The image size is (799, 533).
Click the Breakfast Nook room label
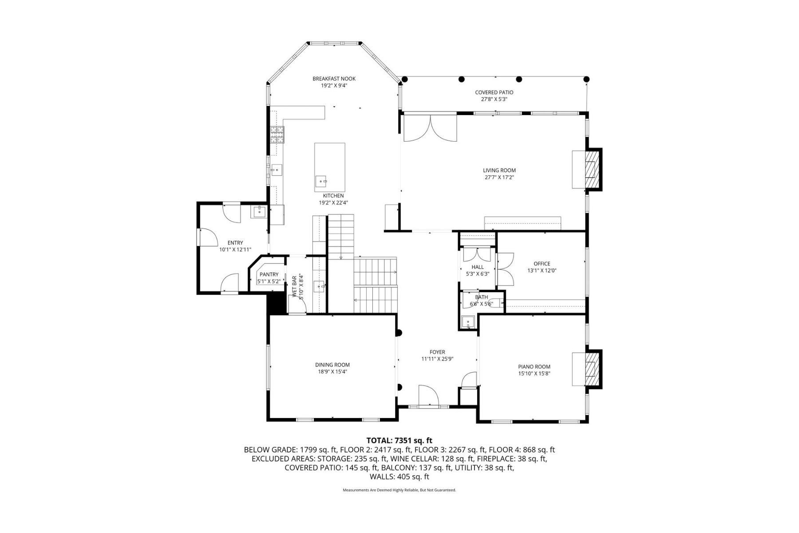tap(334, 79)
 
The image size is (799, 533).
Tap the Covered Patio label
tap(494, 92)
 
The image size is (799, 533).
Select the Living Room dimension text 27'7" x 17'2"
tap(499, 177)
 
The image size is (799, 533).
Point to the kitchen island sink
tap(321, 182)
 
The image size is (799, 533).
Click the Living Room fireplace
tap(590, 169)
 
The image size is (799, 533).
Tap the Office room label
tap(542, 264)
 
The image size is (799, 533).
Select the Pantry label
tap(269, 274)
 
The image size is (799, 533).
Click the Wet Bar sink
tap(320, 286)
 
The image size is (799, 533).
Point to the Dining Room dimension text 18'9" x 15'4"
tap(332, 372)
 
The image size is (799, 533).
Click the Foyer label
tap(437, 352)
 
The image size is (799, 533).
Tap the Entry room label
tap(235, 243)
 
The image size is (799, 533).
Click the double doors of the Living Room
tap(430, 128)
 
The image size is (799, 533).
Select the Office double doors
tap(506, 269)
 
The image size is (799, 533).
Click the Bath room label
tap(482, 297)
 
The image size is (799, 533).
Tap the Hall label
tap(478, 267)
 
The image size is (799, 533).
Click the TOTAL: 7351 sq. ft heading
tap(399, 441)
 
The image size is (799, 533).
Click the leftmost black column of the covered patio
tap(404, 80)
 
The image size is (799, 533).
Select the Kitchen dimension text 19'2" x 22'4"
tap(333, 203)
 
